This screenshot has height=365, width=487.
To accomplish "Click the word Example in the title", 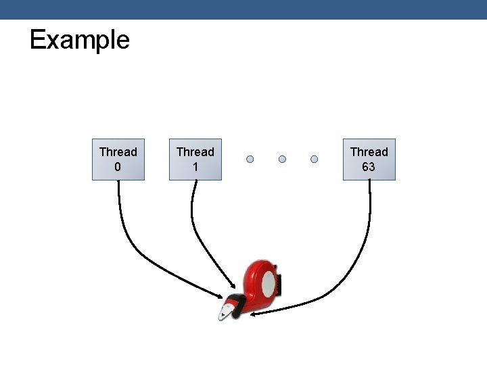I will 79,40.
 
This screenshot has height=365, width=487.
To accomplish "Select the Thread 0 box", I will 118,160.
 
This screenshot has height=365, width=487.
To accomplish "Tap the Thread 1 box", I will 195,160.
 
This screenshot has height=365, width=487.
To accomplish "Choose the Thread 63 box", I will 369,160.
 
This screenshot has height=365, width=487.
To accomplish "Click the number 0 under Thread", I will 118,167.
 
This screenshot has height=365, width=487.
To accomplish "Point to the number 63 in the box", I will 369,167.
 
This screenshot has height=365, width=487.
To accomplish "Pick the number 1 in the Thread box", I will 195,167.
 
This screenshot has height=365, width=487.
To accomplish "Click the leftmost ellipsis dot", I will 250,160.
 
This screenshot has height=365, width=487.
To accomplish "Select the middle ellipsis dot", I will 282,160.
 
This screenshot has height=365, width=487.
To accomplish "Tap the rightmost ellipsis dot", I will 315,160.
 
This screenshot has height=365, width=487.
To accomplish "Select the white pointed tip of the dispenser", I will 223,314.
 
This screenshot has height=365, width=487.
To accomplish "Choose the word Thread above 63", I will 369,152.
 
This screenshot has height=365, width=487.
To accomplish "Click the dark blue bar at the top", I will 243,9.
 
